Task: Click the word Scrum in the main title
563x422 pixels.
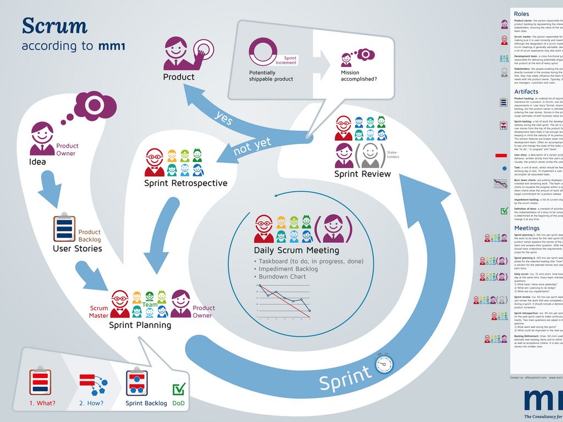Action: coord(54,26)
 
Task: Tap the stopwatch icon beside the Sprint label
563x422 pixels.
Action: coord(384,364)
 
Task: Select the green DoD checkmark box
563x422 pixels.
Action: coord(179,390)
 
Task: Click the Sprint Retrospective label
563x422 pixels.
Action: coord(185,183)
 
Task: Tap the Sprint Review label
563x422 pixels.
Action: coord(362,174)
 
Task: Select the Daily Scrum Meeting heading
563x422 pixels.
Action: coord(296,251)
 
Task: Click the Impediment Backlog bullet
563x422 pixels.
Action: coord(288,269)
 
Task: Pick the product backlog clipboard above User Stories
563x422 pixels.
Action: coord(64,228)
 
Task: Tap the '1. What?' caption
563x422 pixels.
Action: coord(42,403)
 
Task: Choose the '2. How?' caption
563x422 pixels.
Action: coord(91,403)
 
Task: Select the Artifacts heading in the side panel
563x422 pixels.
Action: coord(526,92)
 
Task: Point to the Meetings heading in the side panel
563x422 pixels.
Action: coord(527,228)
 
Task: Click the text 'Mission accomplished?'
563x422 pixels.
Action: coord(358,76)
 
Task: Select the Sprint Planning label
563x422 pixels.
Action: coord(140,325)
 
